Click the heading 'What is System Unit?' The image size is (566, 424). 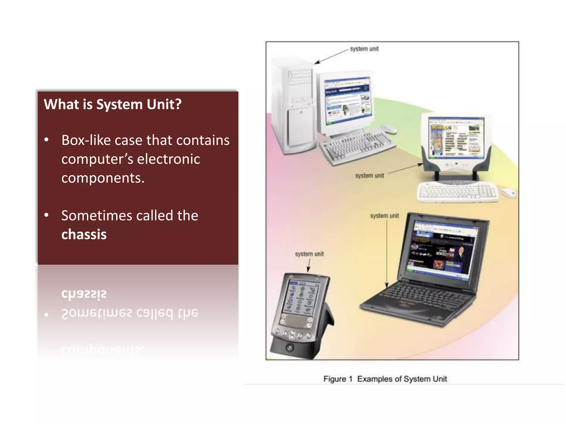112,104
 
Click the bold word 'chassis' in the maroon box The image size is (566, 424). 84,234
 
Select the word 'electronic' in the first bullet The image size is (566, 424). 168,159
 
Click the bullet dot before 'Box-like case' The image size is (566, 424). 46,140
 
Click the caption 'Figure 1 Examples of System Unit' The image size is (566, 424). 385,379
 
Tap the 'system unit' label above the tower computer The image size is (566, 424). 364,49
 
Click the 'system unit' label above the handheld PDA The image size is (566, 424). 309,254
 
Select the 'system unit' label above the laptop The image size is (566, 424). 384,216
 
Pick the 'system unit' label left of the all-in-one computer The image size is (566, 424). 369,176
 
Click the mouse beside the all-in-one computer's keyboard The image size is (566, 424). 508,192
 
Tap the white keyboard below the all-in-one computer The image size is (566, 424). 457,191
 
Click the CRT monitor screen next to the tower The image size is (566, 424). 348,101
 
